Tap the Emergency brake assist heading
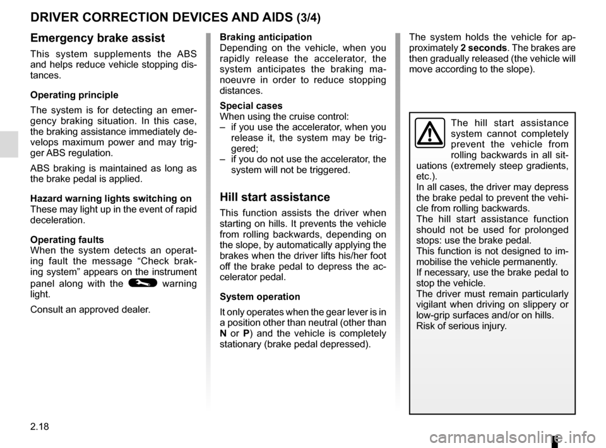97,38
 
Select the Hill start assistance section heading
275,197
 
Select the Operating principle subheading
73,95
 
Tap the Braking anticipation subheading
265,37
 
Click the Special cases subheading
251,105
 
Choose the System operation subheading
259,297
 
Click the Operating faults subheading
67,240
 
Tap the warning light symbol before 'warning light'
136,283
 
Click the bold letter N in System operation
223,333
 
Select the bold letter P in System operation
246,333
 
